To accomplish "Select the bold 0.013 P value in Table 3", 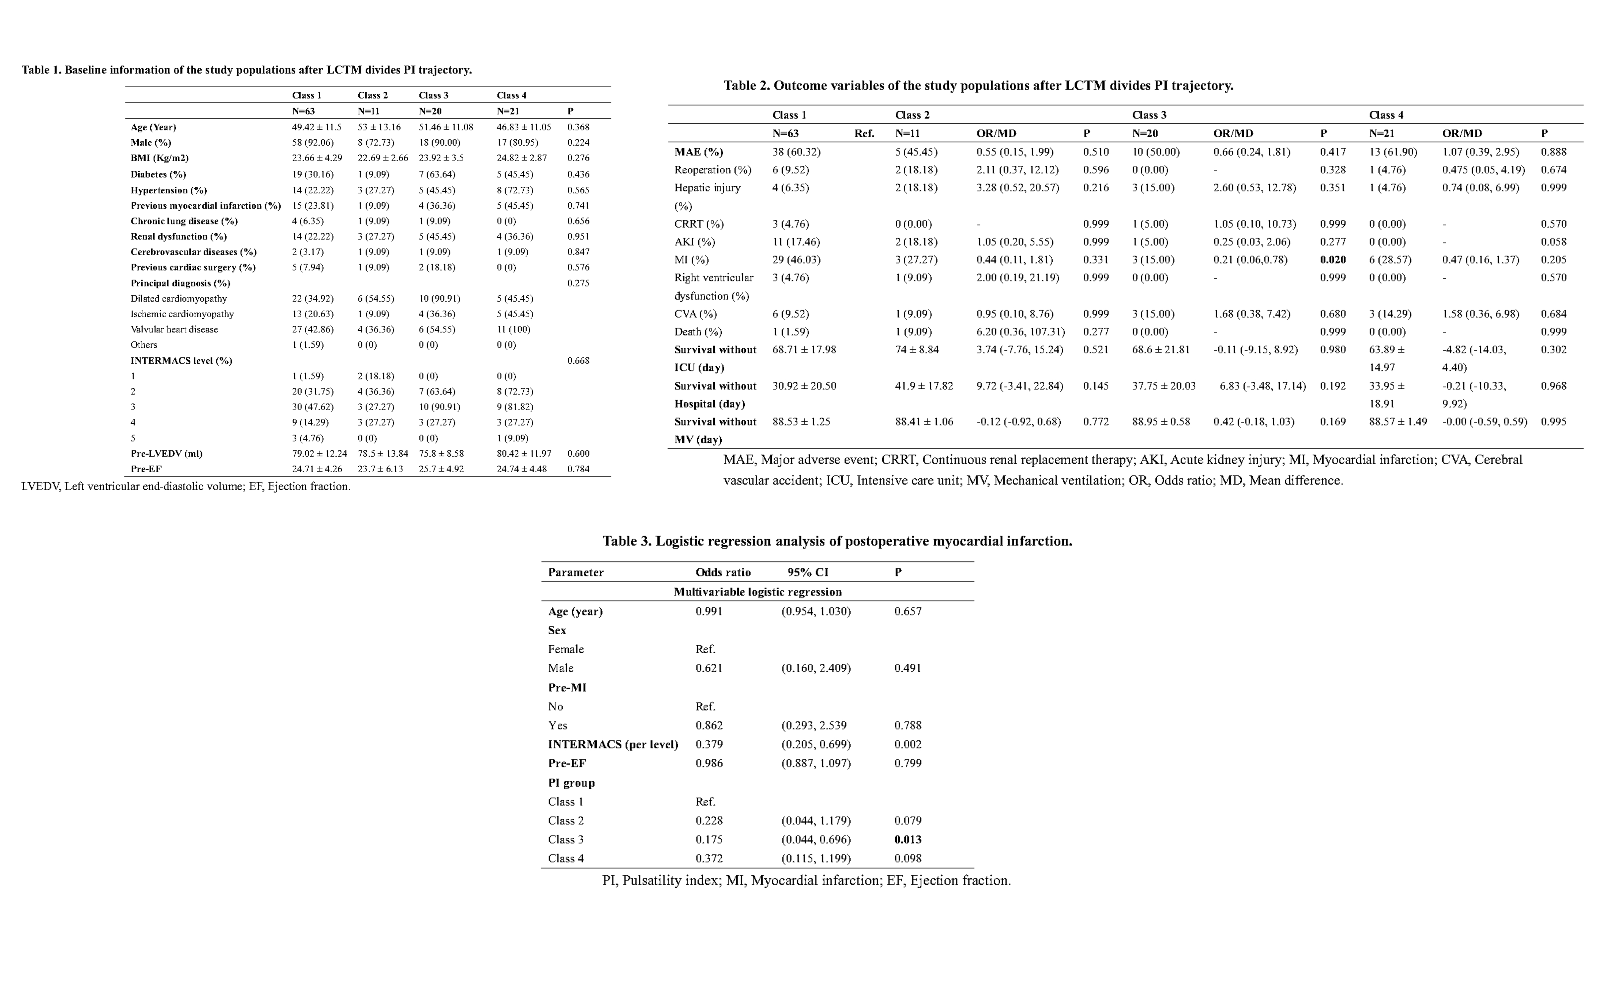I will [x=907, y=839].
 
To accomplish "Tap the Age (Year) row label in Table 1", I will [x=153, y=127].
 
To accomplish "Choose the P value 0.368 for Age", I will [x=578, y=127].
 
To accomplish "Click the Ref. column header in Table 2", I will [x=864, y=134].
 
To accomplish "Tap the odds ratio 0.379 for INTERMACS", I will [x=709, y=745].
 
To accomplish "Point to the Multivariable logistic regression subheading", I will [x=758, y=592].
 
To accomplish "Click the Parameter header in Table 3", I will [x=576, y=572].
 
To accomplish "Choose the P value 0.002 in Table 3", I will [x=907, y=745].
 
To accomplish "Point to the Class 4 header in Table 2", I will [x=1386, y=115].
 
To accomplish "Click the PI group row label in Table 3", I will [x=571, y=783].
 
